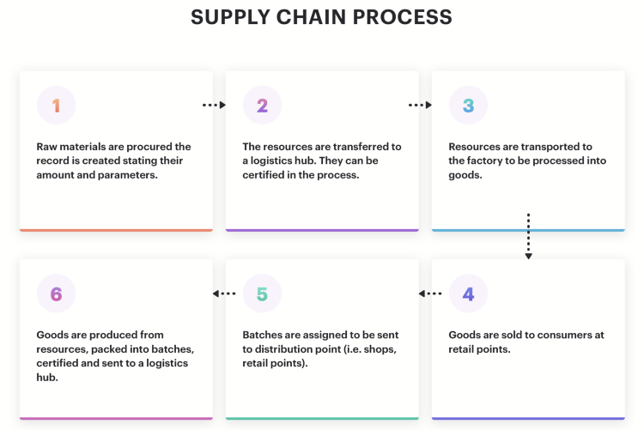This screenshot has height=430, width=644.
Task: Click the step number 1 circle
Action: (x=57, y=105)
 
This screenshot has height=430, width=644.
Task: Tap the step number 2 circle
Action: (x=262, y=105)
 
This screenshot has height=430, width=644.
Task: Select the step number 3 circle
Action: (x=468, y=105)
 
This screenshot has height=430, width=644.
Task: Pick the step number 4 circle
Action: (x=468, y=294)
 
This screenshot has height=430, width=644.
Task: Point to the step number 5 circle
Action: (x=262, y=294)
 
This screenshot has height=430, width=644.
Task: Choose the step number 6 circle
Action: (x=57, y=294)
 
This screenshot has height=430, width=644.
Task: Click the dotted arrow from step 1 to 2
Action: (x=214, y=105)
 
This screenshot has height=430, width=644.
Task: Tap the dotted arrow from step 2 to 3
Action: (x=420, y=105)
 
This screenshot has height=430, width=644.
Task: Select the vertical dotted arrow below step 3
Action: (x=529, y=236)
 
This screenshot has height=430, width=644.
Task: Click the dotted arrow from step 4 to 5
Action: (x=430, y=294)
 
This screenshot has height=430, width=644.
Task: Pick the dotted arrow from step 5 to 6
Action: (x=224, y=294)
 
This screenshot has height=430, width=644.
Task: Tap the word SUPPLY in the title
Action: (x=230, y=17)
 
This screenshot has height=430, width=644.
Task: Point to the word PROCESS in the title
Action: (x=402, y=17)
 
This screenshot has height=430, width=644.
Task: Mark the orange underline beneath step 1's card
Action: (x=116, y=230)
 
